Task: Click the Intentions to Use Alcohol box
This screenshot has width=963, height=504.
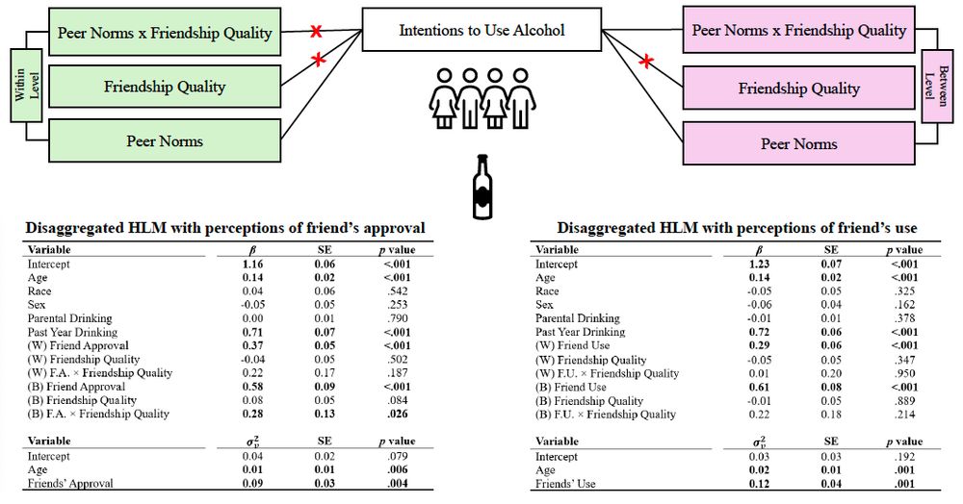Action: click(481, 30)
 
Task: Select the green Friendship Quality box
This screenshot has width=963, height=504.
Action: click(164, 87)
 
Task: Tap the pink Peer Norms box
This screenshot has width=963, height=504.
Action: click(798, 143)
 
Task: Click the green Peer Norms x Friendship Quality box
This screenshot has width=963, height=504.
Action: click(164, 33)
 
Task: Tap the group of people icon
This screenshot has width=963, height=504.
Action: click(480, 96)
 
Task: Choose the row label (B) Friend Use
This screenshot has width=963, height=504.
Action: click(570, 387)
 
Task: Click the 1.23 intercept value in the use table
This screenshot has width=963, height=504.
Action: click(760, 264)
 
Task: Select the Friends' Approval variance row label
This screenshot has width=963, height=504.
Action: click(70, 483)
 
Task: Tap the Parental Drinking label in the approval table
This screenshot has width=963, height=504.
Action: click(69, 318)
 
